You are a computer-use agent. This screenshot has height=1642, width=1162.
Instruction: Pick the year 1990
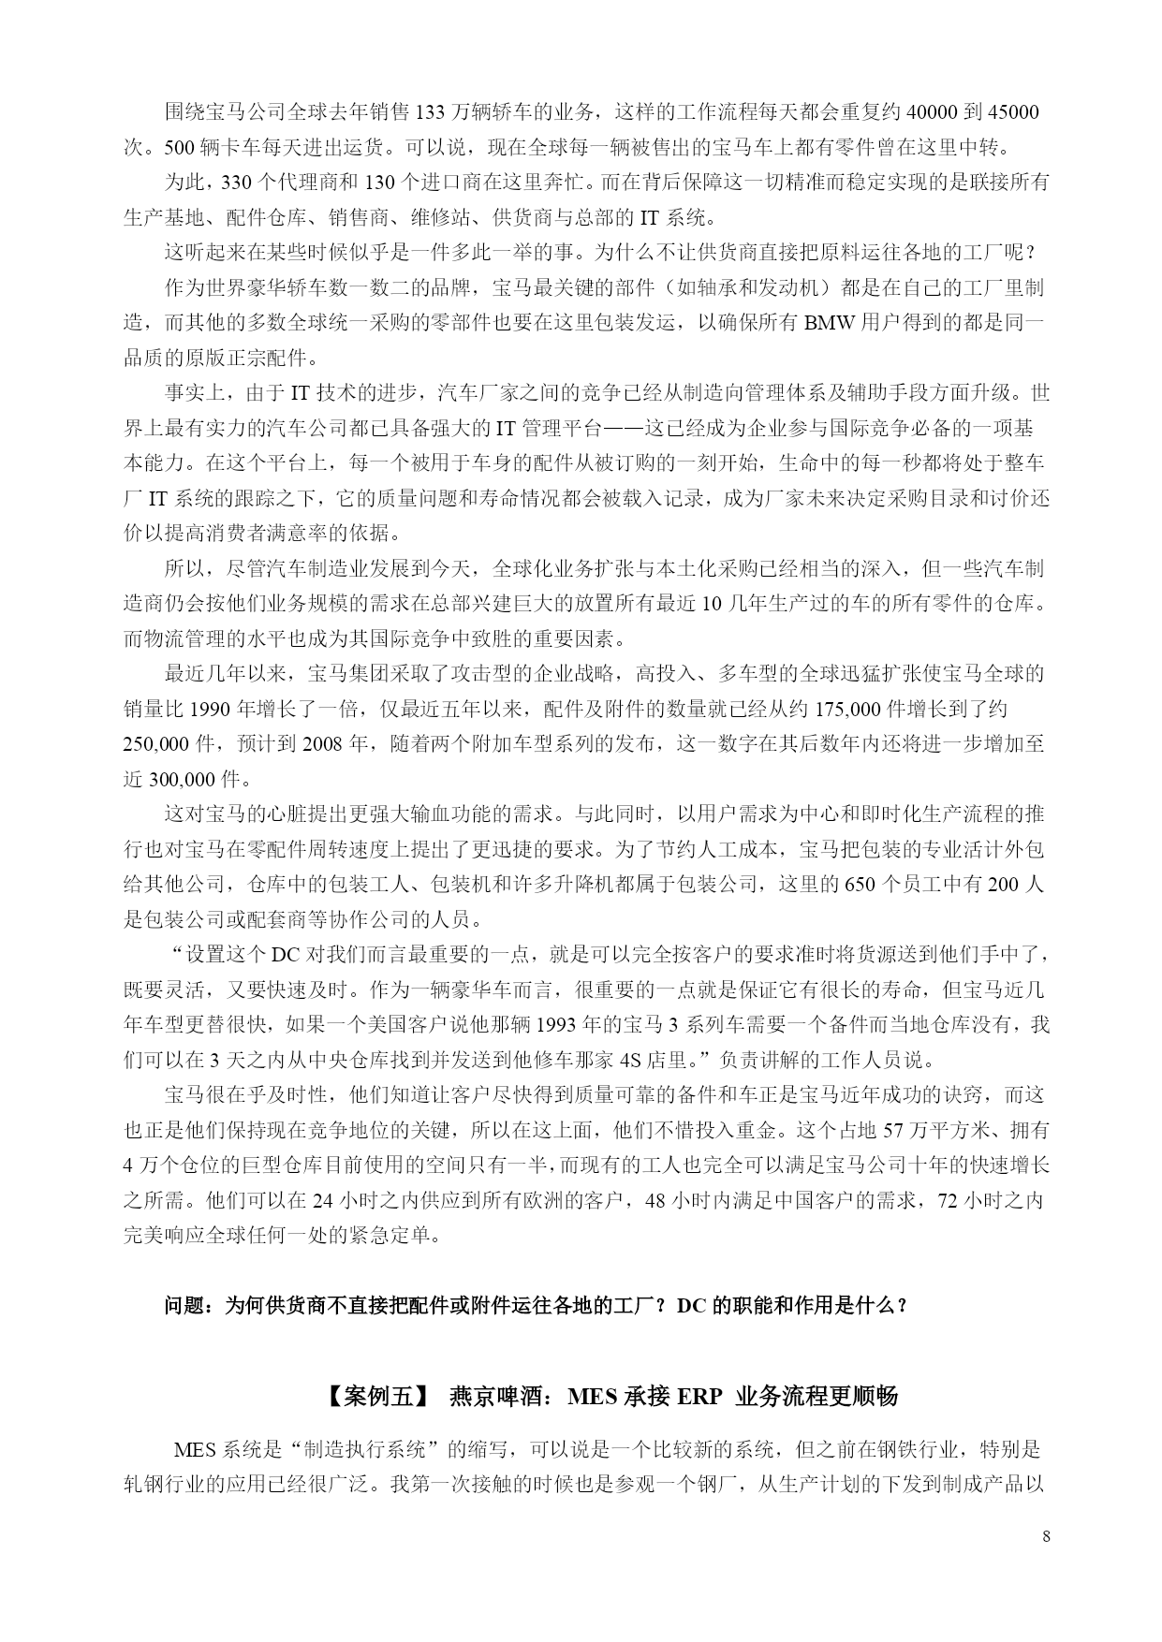[216, 709]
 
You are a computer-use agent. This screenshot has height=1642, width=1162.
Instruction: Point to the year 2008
[323, 744]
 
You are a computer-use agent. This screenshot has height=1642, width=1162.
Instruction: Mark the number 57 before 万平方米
[894, 1131]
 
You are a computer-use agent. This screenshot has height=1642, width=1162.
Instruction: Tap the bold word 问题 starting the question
[184, 1305]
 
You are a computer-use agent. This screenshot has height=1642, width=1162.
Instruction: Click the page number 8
[1046, 1537]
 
